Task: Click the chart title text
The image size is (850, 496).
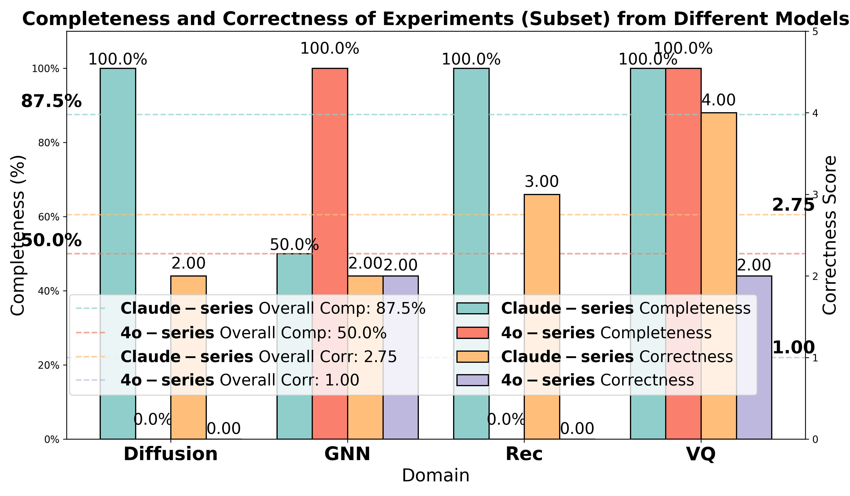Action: point(435,19)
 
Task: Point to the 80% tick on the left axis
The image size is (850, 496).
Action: point(49,143)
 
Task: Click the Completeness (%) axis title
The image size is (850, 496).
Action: point(17,235)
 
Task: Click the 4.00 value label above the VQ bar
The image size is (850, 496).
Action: point(718,100)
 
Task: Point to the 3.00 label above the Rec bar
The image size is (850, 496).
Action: point(542,182)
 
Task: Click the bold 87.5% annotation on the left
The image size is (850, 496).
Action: point(51,101)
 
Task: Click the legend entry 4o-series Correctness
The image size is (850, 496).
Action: point(597,380)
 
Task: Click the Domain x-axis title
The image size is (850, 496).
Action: point(435,476)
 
